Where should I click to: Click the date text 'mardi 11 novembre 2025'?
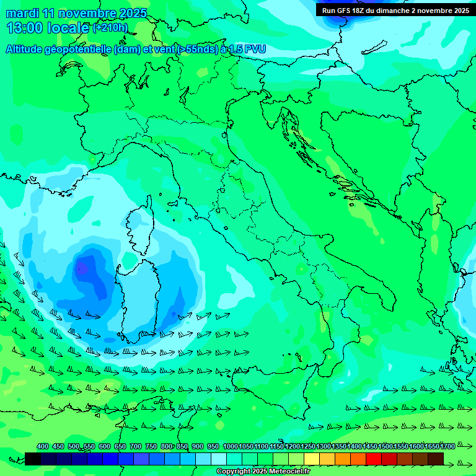point(76,13)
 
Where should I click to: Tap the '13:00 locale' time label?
point(48,28)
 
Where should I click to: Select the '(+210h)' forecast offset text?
point(110,28)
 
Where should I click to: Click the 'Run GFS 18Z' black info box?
point(395,10)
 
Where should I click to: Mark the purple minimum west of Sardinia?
point(81,268)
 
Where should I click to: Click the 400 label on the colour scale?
point(43,446)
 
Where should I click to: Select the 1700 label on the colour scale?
point(447,446)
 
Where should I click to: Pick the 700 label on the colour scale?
point(136,446)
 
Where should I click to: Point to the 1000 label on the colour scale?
point(230,446)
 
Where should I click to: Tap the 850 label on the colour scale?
point(182,446)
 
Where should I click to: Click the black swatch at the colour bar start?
point(33,459)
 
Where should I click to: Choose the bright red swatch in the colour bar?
point(373,459)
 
